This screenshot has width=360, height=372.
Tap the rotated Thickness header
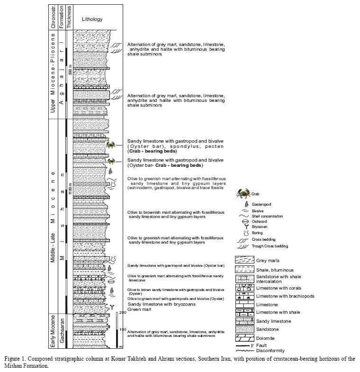(69, 18)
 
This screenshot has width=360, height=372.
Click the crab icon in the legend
(244, 193)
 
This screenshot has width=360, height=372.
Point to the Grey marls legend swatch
(244, 260)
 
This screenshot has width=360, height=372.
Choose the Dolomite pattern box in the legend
(244, 338)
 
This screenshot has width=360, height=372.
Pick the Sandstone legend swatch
(244, 329)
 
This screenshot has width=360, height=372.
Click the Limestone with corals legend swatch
(244, 287)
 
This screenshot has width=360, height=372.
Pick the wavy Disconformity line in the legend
(244, 351)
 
